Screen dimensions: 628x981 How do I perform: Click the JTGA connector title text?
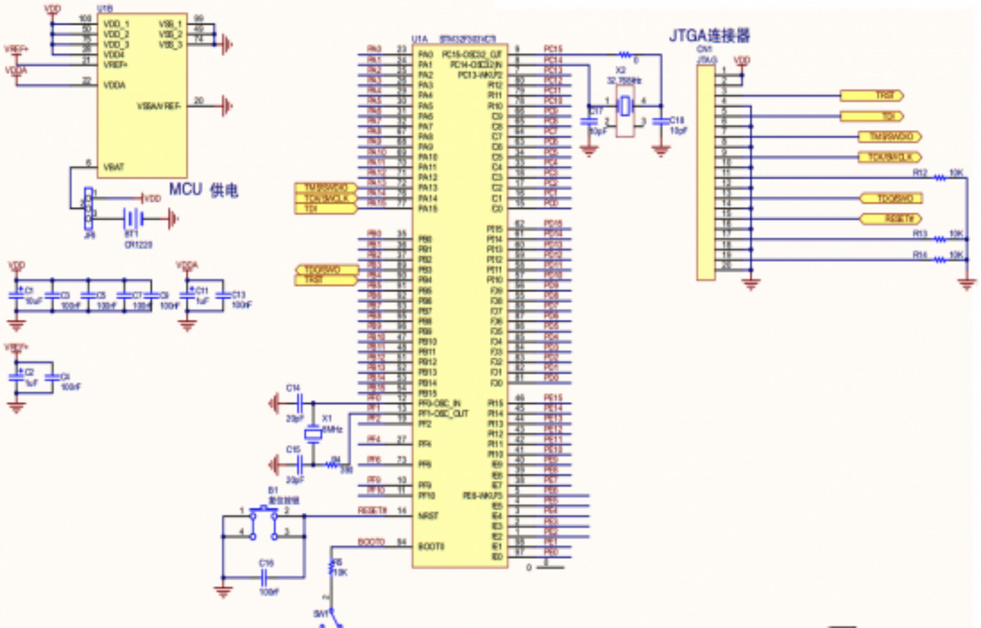pos(709,36)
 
